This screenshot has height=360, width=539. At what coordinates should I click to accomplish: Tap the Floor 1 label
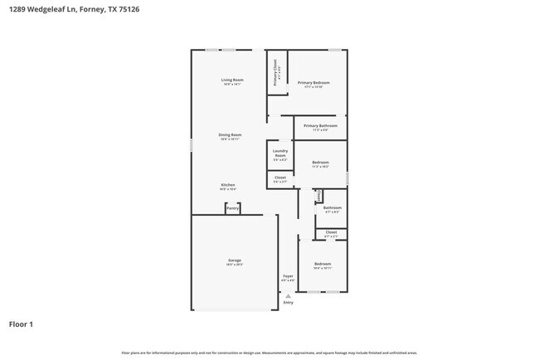pyautogui.click(x=22, y=324)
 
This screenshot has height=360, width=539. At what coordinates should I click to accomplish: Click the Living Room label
pyautogui.click(x=231, y=80)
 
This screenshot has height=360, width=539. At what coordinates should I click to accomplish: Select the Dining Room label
pyautogui.click(x=230, y=134)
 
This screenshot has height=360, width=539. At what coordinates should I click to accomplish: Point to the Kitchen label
pyautogui.click(x=228, y=185)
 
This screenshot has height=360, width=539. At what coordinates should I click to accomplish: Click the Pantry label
pyautogui.click(x=233, y=208)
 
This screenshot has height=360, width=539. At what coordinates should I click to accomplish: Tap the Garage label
pyautogui.click(x=235, y=260)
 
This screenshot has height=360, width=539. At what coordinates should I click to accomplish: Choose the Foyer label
pyautogui.click(x=288, y=275)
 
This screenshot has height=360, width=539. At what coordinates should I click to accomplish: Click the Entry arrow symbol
pyautogui.click(x=288, y=295)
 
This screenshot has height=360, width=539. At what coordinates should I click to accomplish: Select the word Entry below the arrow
pyautogui.click(x=288, y=303)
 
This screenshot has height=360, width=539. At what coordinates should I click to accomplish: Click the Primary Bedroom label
pyautogui.click(x=314, y=82)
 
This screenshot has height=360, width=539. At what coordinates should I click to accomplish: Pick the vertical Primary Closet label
pyautogui.click(x=275, y=75)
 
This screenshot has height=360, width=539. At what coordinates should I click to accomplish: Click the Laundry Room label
pyautogui.click(x=280, y=153)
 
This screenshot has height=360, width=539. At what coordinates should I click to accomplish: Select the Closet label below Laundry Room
pyautogui.click(x=280, y=177)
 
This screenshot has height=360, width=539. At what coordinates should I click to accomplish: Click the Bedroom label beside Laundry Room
pyautogui.click(x=320, y=162)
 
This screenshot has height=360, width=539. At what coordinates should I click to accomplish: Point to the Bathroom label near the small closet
pyautogui.click(x=333, y=207)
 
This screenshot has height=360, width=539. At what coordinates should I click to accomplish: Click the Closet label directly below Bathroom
pyautogui.click(x=331, y=231)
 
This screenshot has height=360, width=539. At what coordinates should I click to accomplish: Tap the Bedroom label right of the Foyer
pyautogui.click(x=323, y=264)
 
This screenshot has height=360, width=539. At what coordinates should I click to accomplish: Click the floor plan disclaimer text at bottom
pyautogui.click(x=269, y=353)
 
